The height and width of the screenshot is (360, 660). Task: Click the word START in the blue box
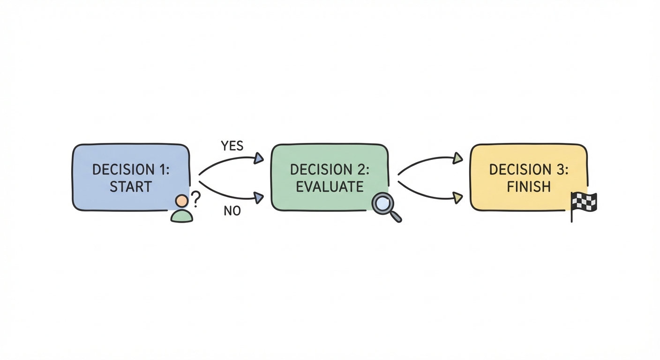131,187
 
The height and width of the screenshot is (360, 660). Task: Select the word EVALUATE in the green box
330,187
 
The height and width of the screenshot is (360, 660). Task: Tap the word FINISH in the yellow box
529,187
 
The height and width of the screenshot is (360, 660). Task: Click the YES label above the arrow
232,146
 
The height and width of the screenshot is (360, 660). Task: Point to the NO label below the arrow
232,211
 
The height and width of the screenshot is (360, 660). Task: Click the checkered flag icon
584,202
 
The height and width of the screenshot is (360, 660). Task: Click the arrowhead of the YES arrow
258,158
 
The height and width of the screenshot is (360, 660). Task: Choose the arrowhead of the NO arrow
258,198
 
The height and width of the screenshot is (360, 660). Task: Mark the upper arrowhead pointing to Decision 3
457,158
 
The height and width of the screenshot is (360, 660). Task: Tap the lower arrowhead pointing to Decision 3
457,198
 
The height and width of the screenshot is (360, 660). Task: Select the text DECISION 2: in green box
330,169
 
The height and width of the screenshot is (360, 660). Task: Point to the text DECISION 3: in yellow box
529,169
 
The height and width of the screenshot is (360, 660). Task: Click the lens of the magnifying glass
382,203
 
